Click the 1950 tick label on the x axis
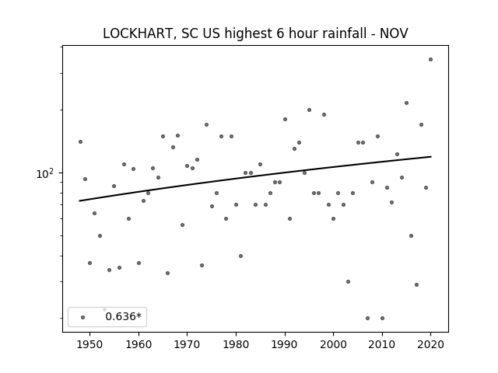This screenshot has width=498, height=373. tap(90, 344)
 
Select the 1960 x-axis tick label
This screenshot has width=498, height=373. tap(139, 344)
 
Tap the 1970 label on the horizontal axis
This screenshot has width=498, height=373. tap(187, 344)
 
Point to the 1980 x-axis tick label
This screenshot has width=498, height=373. tap(236, 344)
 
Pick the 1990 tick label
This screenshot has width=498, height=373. tap(285, 344)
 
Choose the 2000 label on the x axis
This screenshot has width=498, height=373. tap(333, 344)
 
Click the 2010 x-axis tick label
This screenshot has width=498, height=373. tap(382, 344)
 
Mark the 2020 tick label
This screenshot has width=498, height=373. tap(430, 344)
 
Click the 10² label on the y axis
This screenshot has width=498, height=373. tap(45, 173)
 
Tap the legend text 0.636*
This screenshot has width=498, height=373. tap(124, 316)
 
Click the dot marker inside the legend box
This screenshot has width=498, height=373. tap(83, 317)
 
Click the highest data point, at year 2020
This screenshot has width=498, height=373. tap(430, 59)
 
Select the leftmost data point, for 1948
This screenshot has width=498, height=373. tap(80, 141)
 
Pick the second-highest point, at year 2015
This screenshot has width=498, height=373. tap(406, 103)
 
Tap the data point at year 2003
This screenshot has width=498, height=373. tap(348, 281)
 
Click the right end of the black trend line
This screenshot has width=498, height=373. tap(431, 156)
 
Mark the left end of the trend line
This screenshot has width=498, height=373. tap(79, 200)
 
